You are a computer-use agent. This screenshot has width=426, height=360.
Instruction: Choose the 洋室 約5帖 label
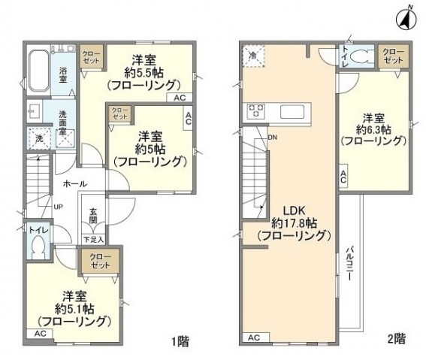[150, 148]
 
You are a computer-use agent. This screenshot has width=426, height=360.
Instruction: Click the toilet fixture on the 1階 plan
[40, 247]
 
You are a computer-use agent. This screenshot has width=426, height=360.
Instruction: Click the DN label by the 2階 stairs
[273, 138]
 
